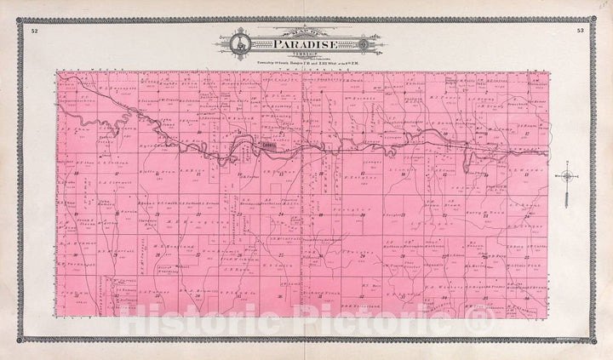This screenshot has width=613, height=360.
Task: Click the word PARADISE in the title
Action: tap(304, 45)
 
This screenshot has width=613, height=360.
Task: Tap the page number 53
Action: tap(579, 31)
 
